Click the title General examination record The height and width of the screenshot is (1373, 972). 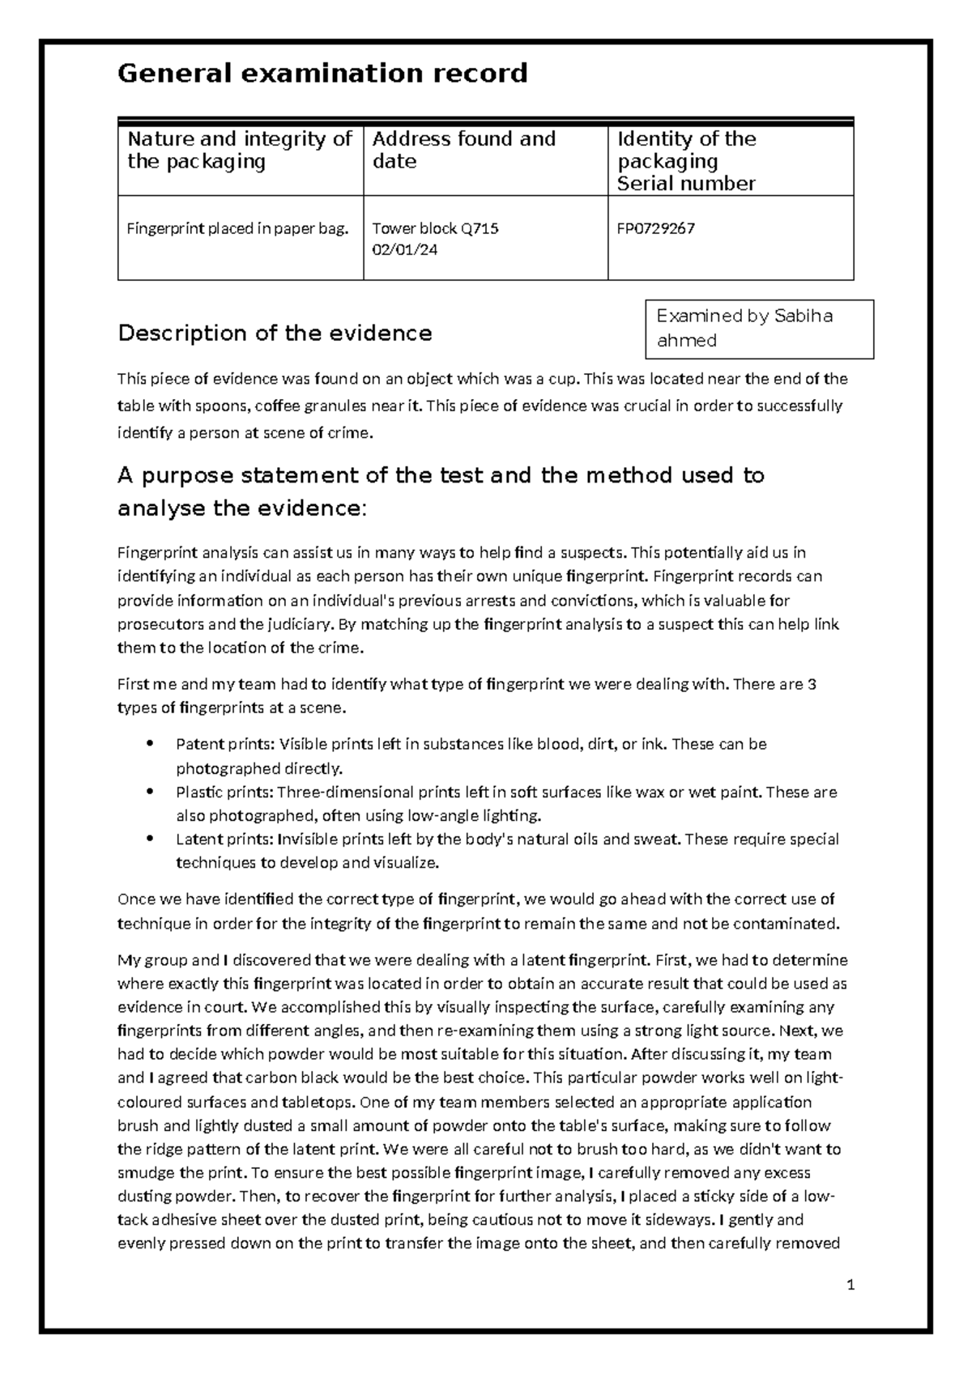(x=322, y=74)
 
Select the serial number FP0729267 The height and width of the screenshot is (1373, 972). (x=656, y=228)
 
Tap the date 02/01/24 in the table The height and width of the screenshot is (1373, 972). (x=404, y=250)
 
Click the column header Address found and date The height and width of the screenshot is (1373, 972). (x=463, y=150)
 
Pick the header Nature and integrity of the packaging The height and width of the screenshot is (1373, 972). (x=239, y=150)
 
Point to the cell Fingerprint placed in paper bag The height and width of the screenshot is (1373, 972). (x=237, y=228)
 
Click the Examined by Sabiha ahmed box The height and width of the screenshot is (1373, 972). (x=758, y=328)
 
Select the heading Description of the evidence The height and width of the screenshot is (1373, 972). (x=275, y=333)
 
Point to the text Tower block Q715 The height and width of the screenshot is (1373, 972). (x=435, y=228)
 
